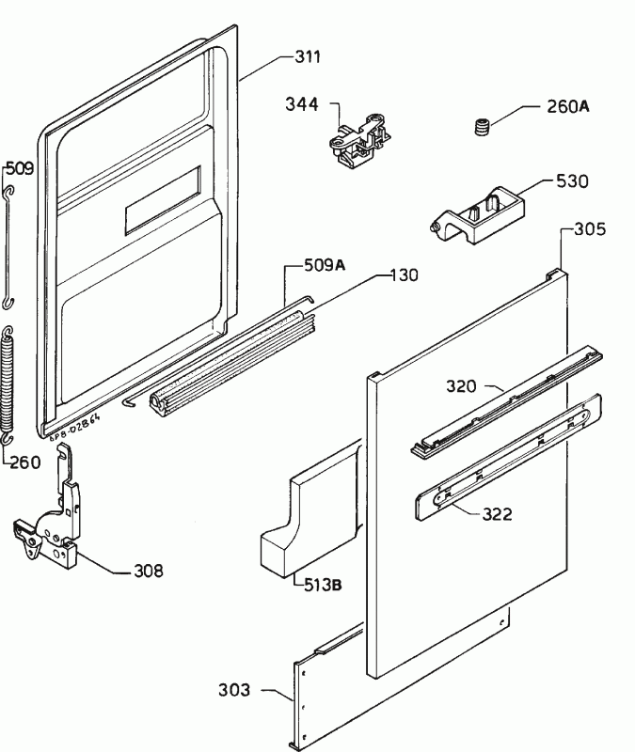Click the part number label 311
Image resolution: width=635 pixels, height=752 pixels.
pos(308,57)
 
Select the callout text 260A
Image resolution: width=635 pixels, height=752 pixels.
pos(568,107)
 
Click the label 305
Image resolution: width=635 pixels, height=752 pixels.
pos(589,228)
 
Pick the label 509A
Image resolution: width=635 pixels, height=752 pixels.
pos(324,266)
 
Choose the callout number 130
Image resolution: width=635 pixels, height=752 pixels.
pos(405,275)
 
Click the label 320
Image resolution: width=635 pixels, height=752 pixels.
pos(463,385)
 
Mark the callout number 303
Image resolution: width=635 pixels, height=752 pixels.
pos(235,691)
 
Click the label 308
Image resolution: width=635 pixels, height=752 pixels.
pos(148,570)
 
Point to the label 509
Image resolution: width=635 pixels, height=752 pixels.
pos(20,169)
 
